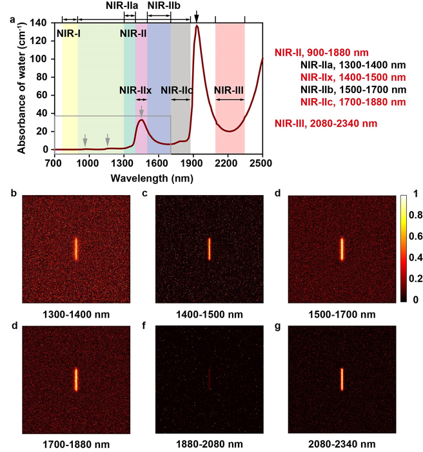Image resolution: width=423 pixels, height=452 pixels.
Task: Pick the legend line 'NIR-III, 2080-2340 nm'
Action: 325,123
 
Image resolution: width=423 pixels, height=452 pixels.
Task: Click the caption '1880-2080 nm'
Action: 210,444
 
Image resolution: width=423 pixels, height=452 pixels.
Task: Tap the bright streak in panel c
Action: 210,249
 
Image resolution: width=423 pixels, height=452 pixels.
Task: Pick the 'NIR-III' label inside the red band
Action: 230,90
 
